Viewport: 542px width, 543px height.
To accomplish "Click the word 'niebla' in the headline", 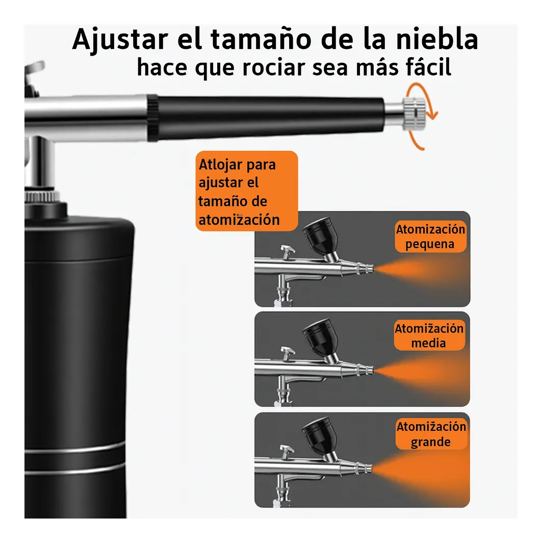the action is (437, 39).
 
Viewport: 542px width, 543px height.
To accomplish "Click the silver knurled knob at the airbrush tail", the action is (414, 114).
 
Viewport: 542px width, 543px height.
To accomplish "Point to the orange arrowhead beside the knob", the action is (432, 114).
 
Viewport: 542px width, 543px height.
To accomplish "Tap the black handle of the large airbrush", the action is (267, 118).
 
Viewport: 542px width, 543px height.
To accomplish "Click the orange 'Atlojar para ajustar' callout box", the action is (247, 191).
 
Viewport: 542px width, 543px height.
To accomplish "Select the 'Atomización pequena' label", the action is (430, 237).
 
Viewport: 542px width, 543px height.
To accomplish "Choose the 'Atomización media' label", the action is (429, 335).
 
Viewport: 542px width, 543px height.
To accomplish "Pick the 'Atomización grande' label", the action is (431, 434).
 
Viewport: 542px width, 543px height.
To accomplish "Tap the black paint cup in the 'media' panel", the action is (319, 337).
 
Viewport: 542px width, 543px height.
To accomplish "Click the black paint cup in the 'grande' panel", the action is (319, 435).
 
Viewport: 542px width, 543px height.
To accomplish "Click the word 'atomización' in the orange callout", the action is (239, 220).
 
